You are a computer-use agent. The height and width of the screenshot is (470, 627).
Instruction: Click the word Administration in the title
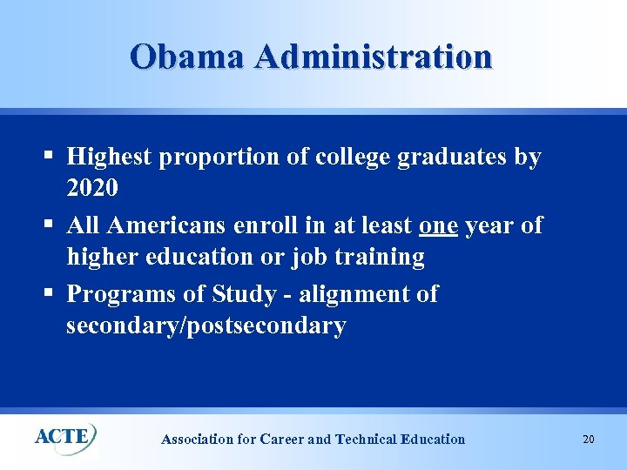tap(374, 57)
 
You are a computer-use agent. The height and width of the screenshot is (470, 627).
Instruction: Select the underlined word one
tap(438, 225)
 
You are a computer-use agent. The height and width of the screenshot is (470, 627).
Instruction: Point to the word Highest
tap(109, 158)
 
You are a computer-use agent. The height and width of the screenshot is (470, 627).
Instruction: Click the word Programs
tap(122, 293)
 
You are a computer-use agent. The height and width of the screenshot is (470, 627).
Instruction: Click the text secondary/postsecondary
tap(206, 326)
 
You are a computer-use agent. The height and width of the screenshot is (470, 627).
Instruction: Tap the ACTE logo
tap(65, 436)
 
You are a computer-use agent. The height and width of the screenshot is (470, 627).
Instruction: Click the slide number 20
tap(589, 440)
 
